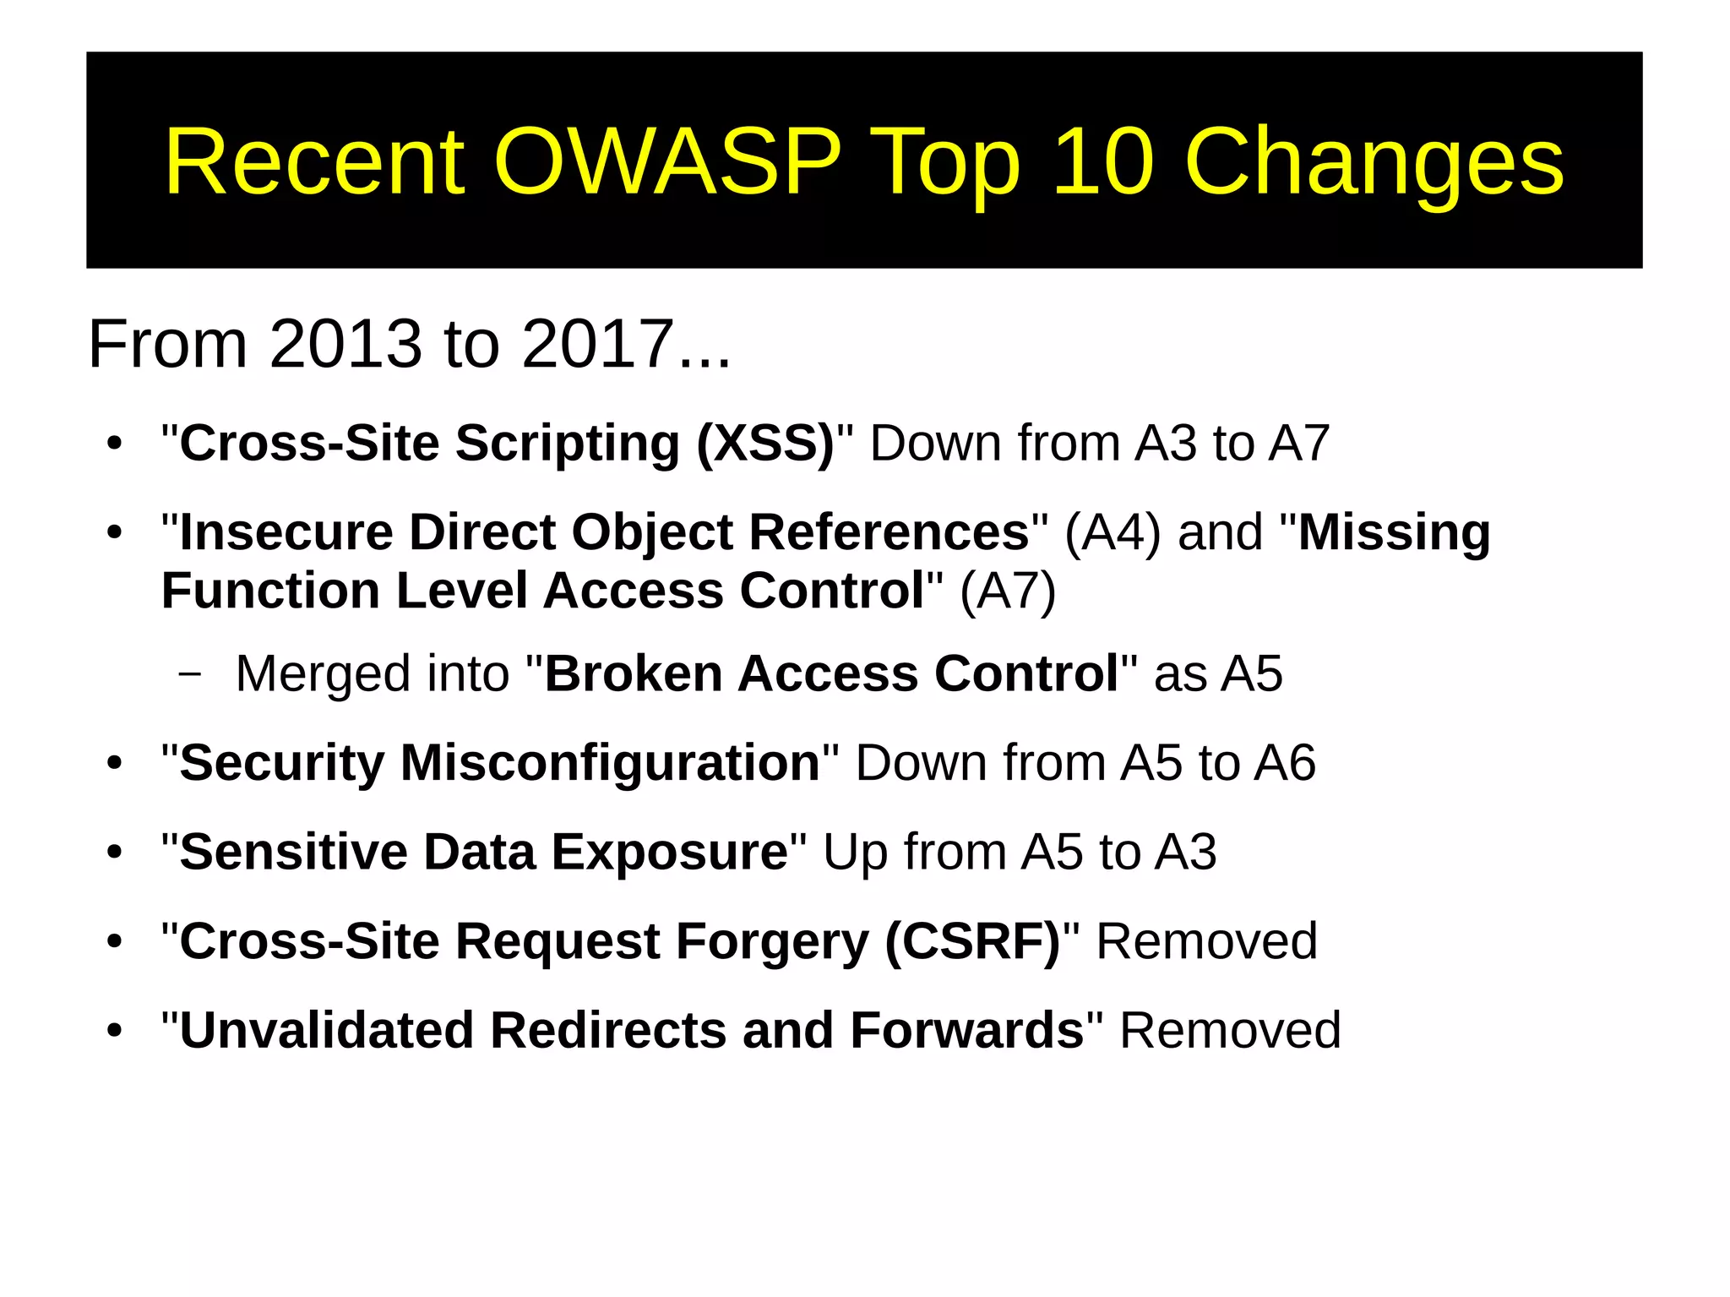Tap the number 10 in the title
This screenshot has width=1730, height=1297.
(1102, 162)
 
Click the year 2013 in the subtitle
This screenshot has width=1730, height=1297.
(345, 345)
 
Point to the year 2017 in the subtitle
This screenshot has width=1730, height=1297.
(598, 345)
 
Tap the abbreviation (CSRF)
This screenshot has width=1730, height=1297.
(972, 941)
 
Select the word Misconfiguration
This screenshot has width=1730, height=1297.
(609, 763)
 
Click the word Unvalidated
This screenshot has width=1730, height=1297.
(326, 1031)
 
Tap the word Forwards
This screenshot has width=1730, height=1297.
(966, 1031)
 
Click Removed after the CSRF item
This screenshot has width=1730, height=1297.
(1206, 941)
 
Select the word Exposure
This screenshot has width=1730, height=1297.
(669, 852)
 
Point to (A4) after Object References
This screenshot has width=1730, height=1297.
(1113, 533)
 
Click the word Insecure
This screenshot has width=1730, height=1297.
(286, 533)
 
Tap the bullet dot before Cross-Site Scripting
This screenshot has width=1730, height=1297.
(115, 444)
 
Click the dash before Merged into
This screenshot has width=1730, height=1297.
(190, 674)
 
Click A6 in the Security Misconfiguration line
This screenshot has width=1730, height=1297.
(1284, 763)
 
